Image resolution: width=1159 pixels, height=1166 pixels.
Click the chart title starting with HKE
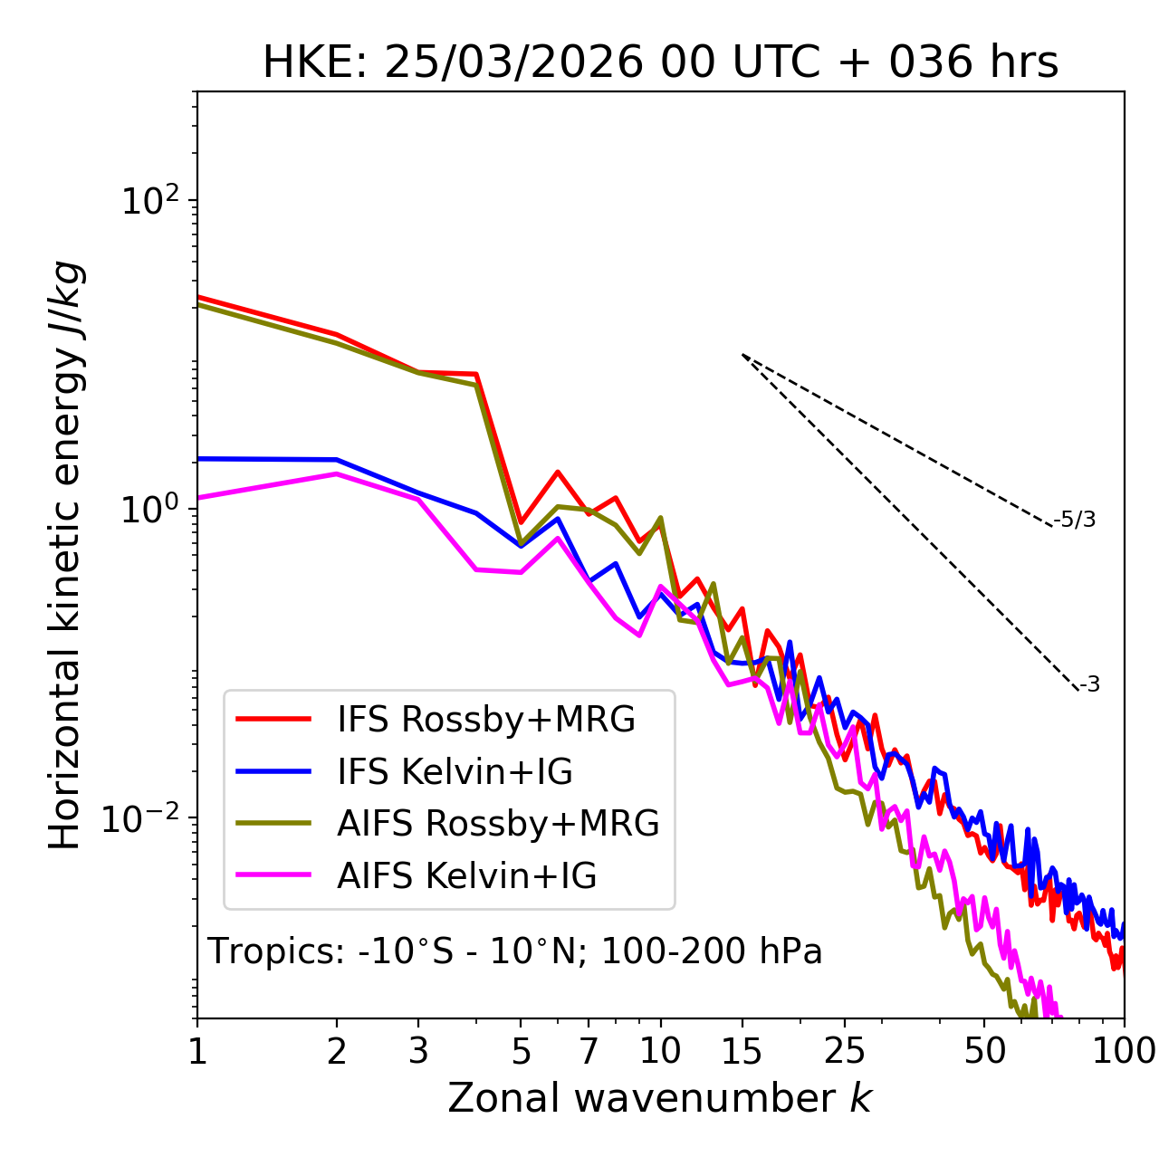pos(660,63)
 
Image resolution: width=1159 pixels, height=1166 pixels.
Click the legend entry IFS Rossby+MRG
pos(485,720)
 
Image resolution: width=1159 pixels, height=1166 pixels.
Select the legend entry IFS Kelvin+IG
pos(455,772)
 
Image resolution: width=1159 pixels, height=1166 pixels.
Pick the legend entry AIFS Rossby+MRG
pos(498,824)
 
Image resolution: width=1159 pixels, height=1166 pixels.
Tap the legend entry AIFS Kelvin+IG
pos(466,876)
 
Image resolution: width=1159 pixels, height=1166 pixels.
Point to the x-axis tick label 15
pos(742,1051)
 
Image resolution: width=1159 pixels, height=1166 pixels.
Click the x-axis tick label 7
pos(589,1051)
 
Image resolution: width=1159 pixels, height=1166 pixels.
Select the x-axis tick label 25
pos(845,1051)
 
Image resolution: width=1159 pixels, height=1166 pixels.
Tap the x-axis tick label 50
pos(984,1051)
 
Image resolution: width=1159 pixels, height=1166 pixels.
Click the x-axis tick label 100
pos(1124,1051)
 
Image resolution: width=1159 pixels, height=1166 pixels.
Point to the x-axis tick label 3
pos(418,1051)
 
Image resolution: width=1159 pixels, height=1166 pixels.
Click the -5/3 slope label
pos(1075,521)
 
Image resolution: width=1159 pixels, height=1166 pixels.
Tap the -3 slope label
pos(1089,685)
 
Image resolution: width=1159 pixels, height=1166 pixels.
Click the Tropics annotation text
pos(514,952)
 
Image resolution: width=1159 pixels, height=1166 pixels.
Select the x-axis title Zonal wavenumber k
pos(659,1098)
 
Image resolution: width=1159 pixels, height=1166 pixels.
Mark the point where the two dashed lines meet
pos(742,354)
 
